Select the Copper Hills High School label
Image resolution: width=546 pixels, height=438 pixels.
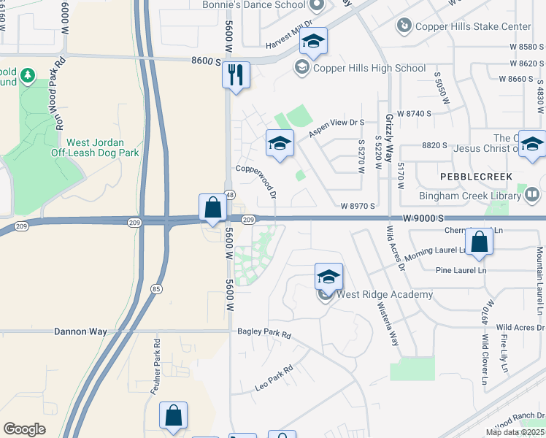(x=369, y=69)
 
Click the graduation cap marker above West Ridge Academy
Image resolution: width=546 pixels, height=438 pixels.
(x=328, y=277)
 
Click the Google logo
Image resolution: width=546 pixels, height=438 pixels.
(x=24, y=429)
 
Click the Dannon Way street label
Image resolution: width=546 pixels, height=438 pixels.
(x=80, y=331)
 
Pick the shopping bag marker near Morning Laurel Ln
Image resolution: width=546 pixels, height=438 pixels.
(x=480, y=243)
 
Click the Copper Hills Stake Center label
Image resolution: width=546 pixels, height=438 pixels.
(x=473, y=27)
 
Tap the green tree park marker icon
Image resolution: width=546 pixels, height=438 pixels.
(x=28, y=74)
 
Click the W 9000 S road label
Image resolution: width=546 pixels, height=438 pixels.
(x=423, y=218)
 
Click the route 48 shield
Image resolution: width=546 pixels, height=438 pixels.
(x=229, y=195)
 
